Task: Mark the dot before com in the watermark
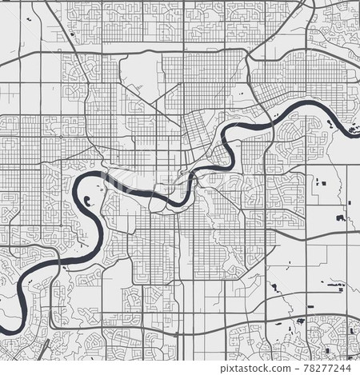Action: tap(282, 369)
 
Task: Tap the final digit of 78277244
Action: tap(350, 368)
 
